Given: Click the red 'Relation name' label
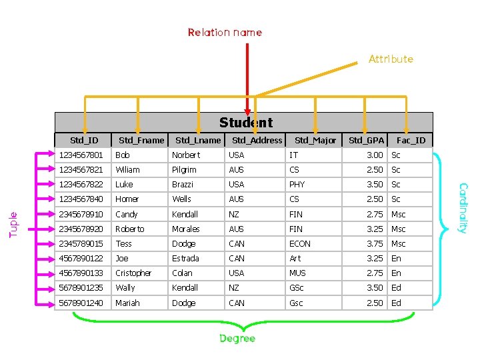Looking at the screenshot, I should click(225, 32).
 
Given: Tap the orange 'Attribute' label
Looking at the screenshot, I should click(391, 59).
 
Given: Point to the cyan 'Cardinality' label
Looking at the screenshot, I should click(463, 208).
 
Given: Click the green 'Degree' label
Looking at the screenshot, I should click(237, 339).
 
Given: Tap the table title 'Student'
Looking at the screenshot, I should click(246, 123).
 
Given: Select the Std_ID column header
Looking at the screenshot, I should click(84, 140).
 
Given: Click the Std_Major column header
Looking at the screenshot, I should click(315, 140).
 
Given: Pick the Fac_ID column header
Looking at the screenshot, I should click(411, 140).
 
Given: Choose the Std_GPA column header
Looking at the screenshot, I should click(366, 140).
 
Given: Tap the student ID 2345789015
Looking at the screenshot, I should click(81, 243).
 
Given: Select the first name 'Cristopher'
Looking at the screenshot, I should click(133, 273).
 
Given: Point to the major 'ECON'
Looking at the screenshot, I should click(299, 243).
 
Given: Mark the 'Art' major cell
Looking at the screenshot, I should click(295, 258).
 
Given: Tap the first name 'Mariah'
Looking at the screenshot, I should click(127, 303).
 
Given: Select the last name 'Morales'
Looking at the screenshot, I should click(186, 229).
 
